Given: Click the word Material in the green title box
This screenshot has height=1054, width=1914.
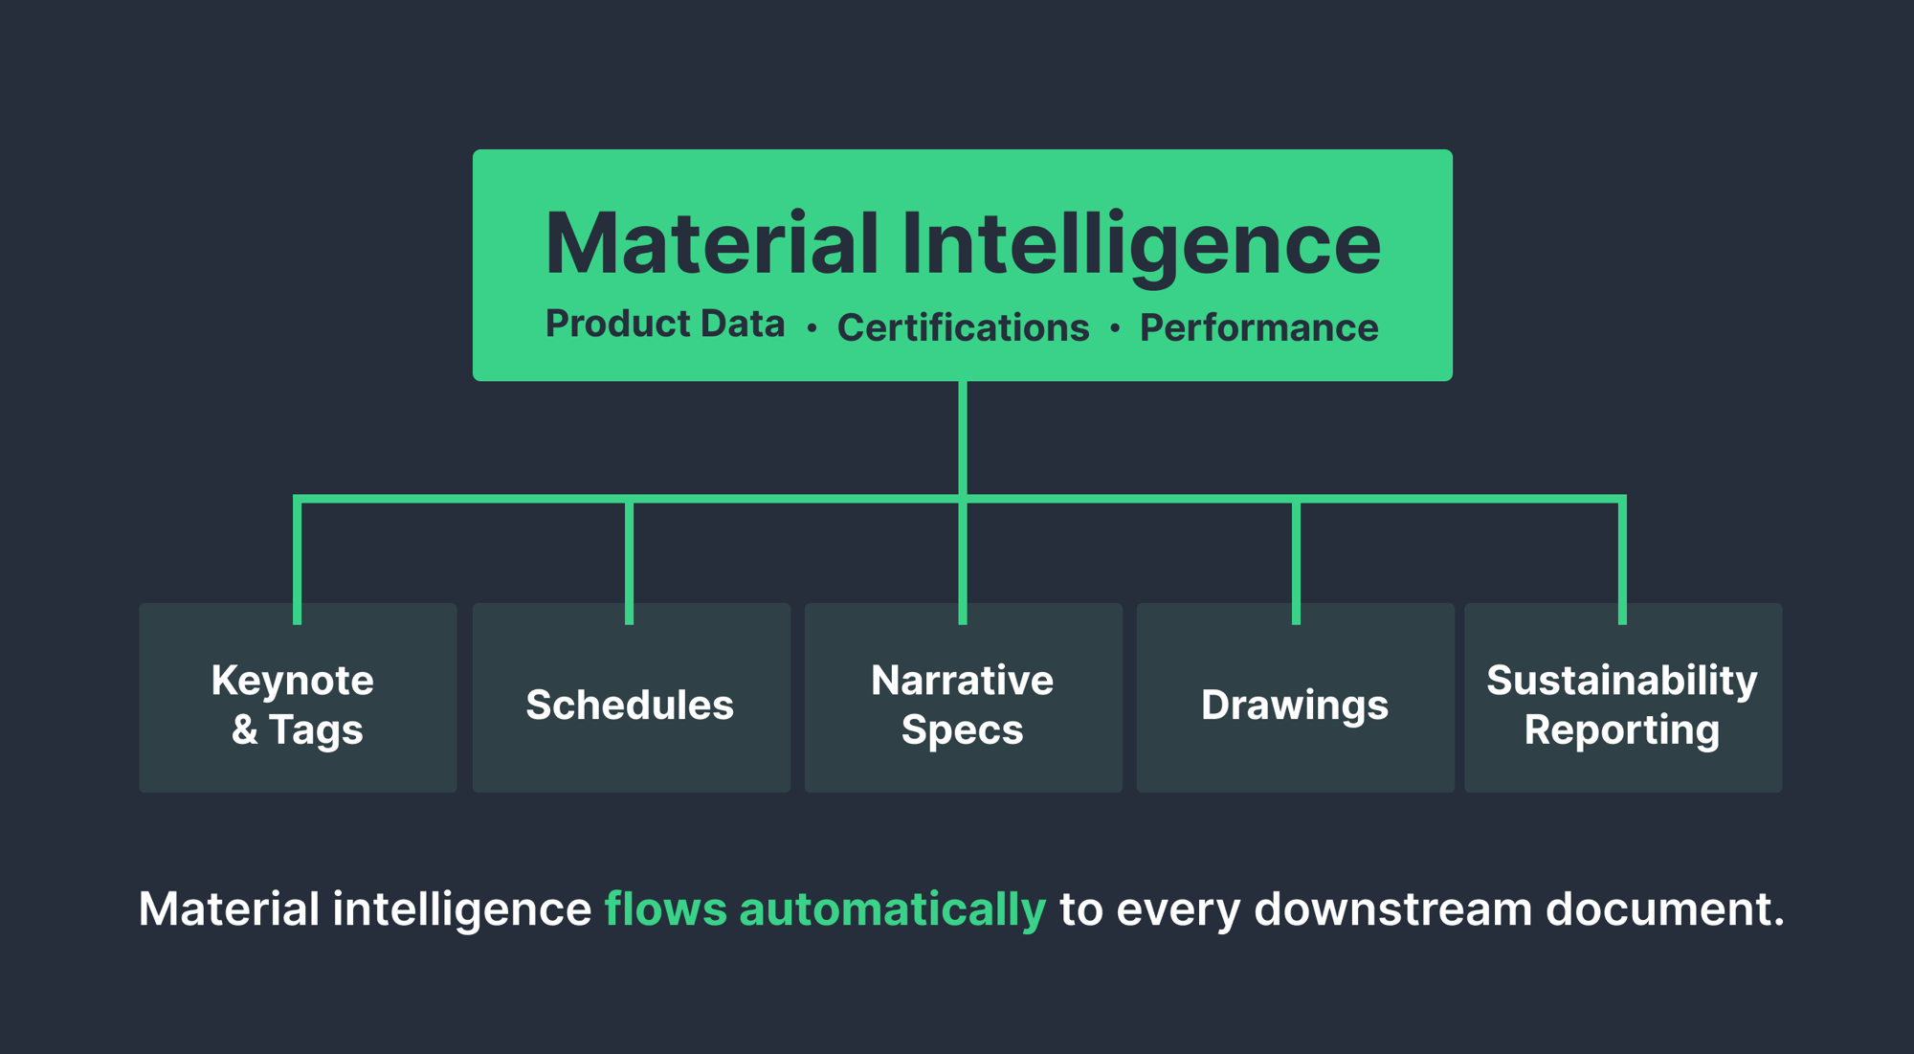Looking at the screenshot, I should click(711, 244).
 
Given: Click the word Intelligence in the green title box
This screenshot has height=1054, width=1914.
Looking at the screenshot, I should click(1141, 244).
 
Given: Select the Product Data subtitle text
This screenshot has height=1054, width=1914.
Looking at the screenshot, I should click(664, 325).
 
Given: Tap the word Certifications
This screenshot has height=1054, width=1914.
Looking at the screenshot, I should click(963, 327).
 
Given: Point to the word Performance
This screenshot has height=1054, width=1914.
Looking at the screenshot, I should click(1258, 327).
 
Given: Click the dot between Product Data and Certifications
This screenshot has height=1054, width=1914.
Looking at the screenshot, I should click(812, 328).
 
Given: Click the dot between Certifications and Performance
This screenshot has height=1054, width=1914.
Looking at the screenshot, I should click(1115, 328).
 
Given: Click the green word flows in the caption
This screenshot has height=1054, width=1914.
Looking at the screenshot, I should click(665, 908).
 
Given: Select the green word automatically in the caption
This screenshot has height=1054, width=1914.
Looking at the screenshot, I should click(892, 908).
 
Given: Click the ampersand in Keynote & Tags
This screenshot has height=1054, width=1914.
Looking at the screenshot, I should click(244, 729).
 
